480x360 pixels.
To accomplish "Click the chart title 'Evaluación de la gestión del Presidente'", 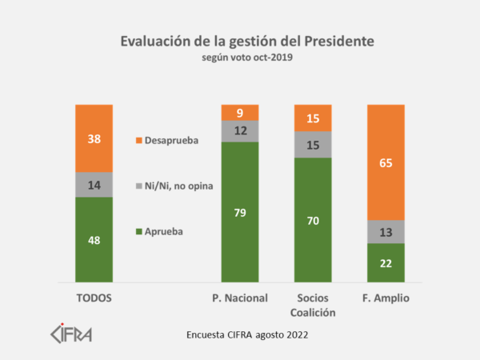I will (240, 40).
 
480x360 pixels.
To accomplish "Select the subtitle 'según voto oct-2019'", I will (240, 57).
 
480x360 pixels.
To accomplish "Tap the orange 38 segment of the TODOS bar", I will (94, 138).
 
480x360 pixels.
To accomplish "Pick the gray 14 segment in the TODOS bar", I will (94, 184).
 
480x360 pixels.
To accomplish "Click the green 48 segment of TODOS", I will (94, 239).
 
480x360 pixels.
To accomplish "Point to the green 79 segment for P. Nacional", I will (240, 212).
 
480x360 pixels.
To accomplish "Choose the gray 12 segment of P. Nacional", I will (240, 131).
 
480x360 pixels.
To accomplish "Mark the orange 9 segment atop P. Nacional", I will (240, 113).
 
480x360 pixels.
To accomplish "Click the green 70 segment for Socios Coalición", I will (313, 219).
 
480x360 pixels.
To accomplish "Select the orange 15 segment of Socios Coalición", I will (313, 118).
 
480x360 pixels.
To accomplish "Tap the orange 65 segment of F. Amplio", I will (386, 162).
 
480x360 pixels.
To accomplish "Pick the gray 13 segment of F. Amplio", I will (386, 231).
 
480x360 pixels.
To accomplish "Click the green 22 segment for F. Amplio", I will (386, 262).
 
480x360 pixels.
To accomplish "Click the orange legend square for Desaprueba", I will (139, 141).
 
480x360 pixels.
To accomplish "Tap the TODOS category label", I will (94, 298).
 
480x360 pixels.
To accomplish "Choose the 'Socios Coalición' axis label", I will (313, 305).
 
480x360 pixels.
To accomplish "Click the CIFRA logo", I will (71, 331).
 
